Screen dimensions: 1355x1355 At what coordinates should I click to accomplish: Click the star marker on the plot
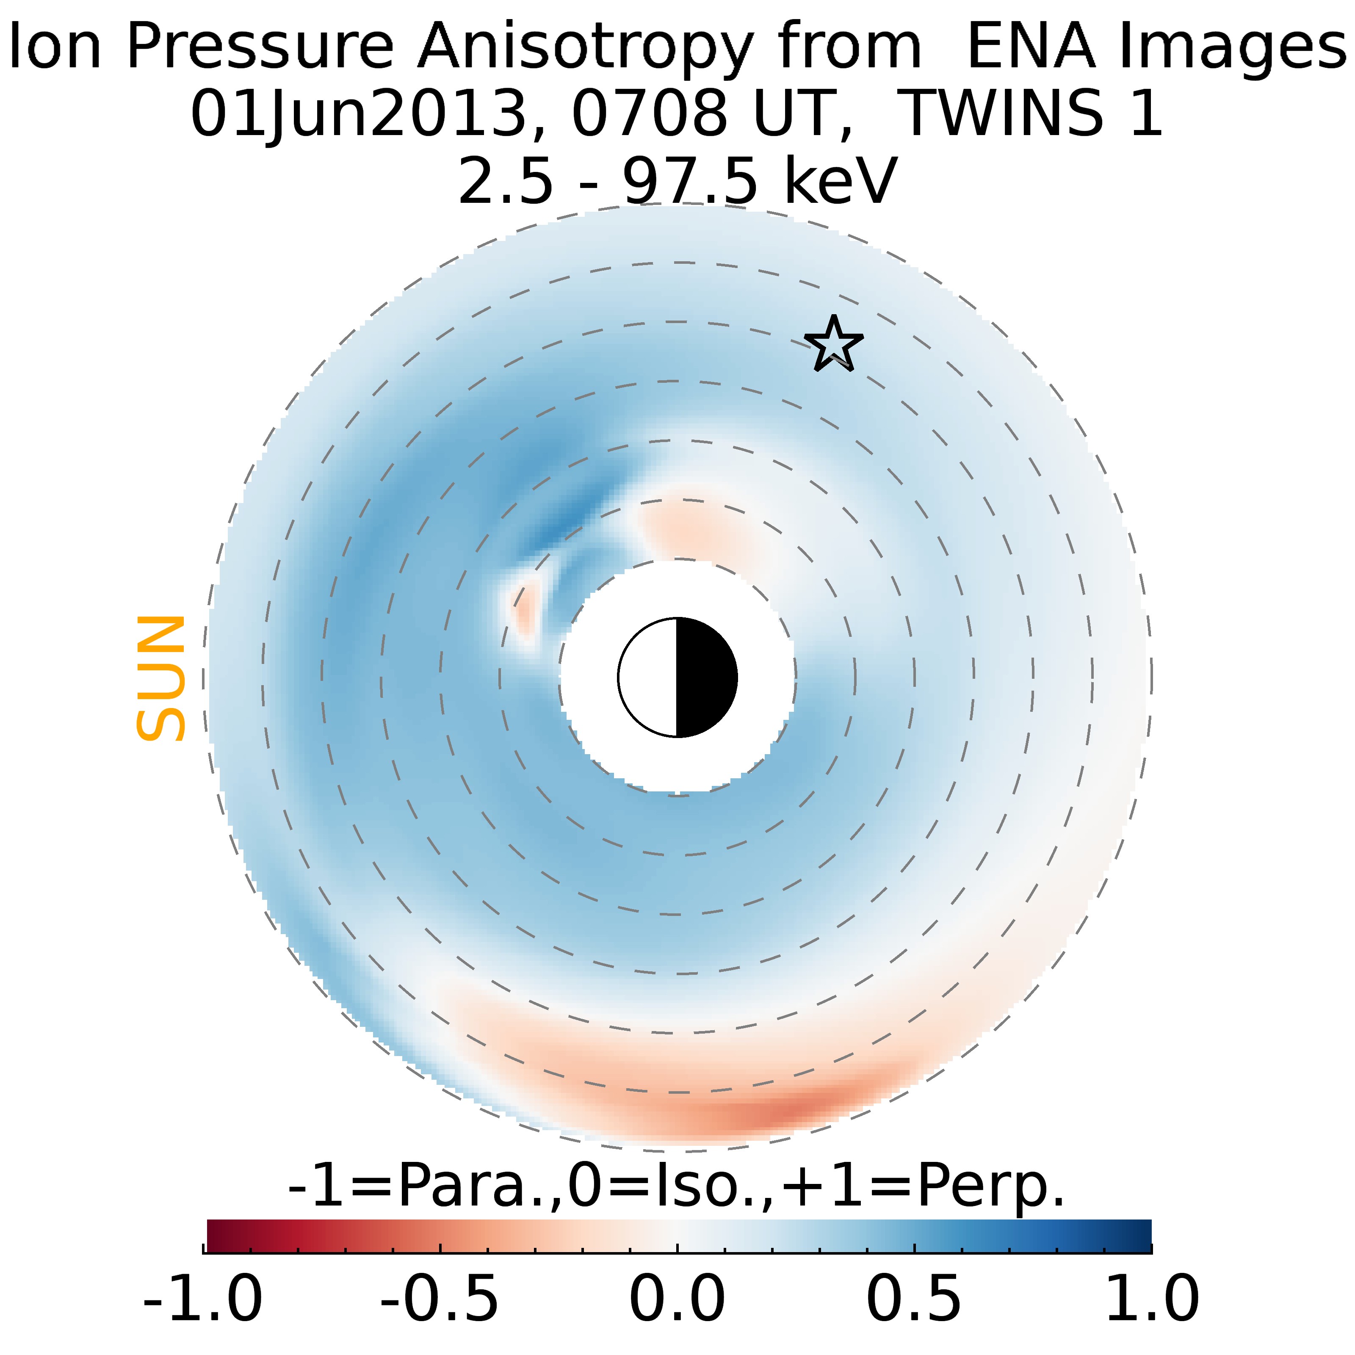(833, 344)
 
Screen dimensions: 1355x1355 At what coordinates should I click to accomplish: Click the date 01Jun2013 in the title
(358, 113)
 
